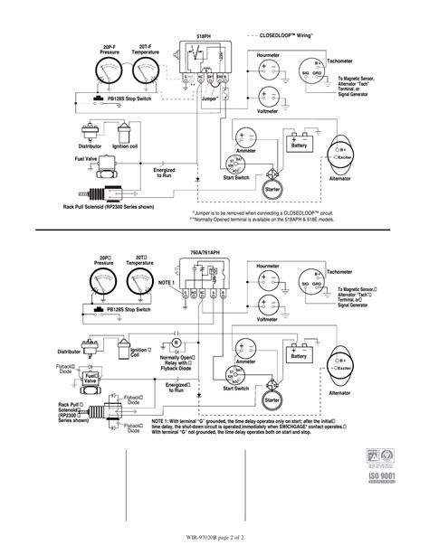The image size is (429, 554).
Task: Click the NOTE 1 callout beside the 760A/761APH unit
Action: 166,283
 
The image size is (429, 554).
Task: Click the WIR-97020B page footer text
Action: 214,540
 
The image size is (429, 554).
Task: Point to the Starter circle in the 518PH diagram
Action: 269,186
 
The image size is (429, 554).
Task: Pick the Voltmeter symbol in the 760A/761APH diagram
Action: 269,305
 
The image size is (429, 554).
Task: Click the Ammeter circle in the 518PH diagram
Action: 246,135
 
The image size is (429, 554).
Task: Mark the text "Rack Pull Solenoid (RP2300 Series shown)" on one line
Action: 109,206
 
